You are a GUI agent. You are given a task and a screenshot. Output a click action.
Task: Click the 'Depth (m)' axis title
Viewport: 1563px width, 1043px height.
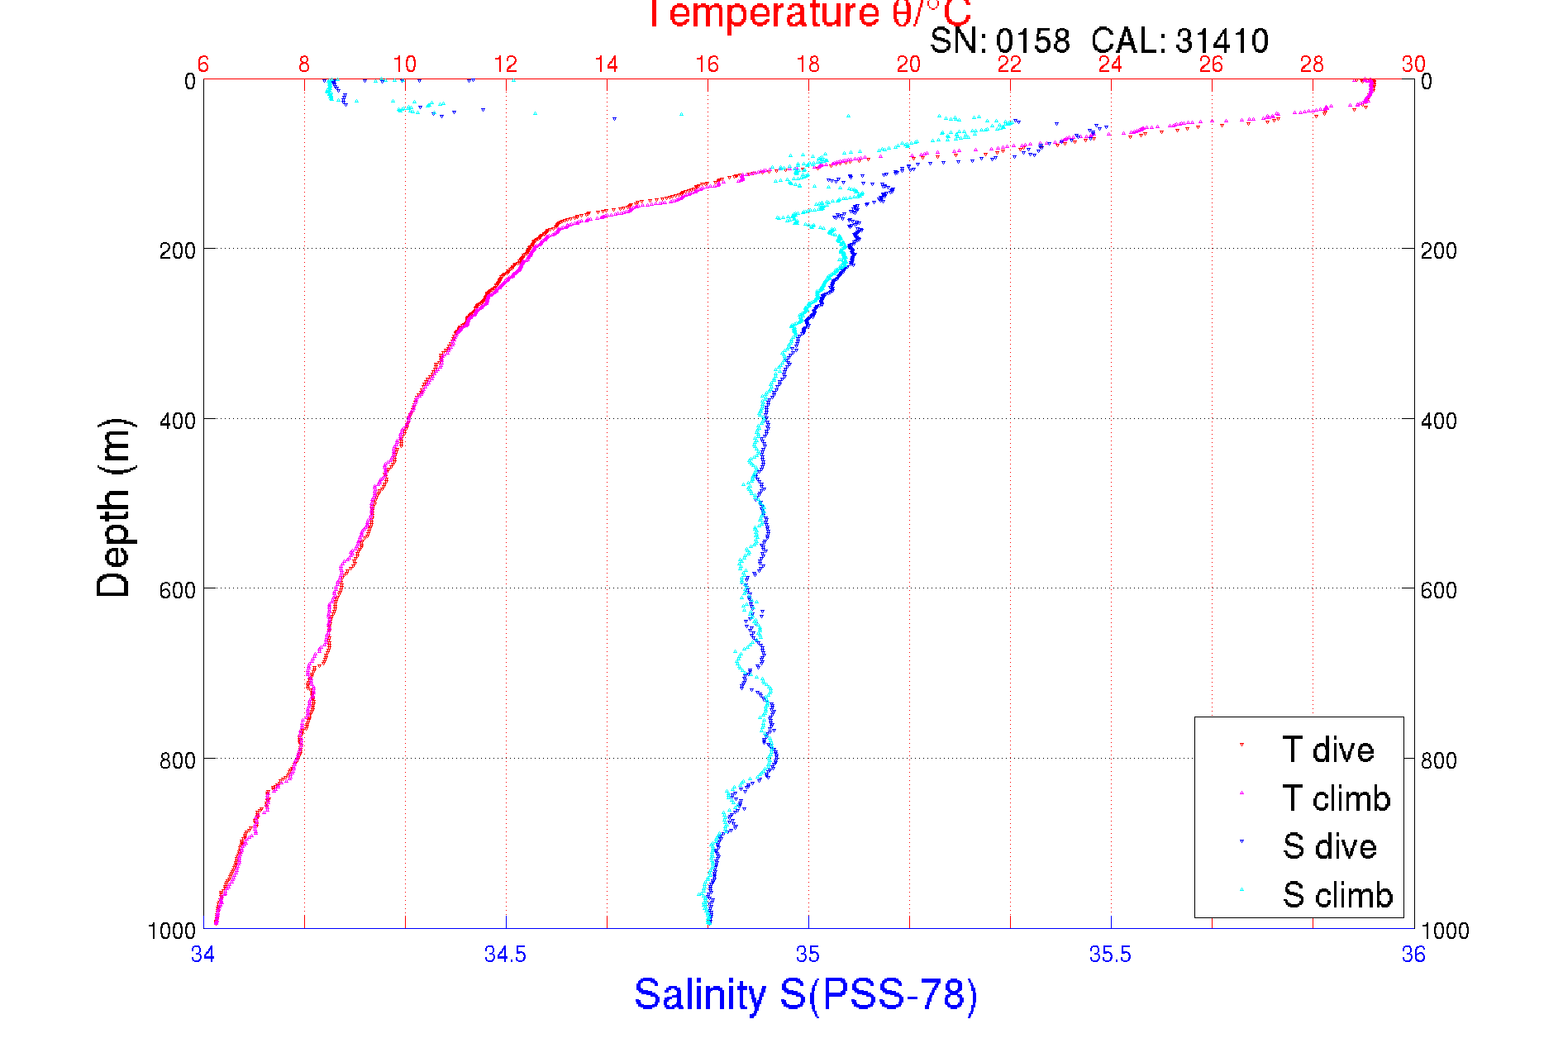pos(114,507)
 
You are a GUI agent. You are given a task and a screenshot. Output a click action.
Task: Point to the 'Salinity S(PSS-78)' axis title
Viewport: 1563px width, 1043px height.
pos(806,994)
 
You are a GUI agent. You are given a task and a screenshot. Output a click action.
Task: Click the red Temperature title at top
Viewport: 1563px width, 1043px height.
pos(808,14)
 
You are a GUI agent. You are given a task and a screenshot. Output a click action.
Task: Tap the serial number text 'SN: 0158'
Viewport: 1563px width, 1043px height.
pos(999,40)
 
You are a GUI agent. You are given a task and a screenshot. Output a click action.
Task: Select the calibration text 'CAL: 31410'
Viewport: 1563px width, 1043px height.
pos(1179,40)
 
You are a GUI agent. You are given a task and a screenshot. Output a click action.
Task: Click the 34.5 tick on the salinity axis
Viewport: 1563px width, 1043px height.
pos(505,955)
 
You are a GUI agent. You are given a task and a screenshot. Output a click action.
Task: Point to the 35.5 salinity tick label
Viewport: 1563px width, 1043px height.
pos(1110,955)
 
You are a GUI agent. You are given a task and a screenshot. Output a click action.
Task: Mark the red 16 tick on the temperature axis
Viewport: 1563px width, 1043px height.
pos(707,64)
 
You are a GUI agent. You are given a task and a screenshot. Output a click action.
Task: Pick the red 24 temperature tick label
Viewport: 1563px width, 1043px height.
pos(1110,64)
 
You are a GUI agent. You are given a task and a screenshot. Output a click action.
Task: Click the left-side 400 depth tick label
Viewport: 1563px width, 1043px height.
pos(178,421)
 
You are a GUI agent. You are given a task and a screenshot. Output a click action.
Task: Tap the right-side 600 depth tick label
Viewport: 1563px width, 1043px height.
pos(1438,590)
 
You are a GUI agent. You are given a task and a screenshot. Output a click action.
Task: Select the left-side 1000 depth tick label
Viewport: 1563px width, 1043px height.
pos(172,931)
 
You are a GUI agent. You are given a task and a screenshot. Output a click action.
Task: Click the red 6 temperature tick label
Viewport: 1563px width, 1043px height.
pos(203,64)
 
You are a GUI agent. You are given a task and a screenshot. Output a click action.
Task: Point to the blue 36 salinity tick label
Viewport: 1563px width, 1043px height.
pos(1413,955)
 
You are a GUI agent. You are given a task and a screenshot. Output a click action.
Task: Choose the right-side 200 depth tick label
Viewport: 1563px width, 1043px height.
pos(1438,250)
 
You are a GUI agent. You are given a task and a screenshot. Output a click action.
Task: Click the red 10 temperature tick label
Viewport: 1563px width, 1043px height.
pos(404,64)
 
